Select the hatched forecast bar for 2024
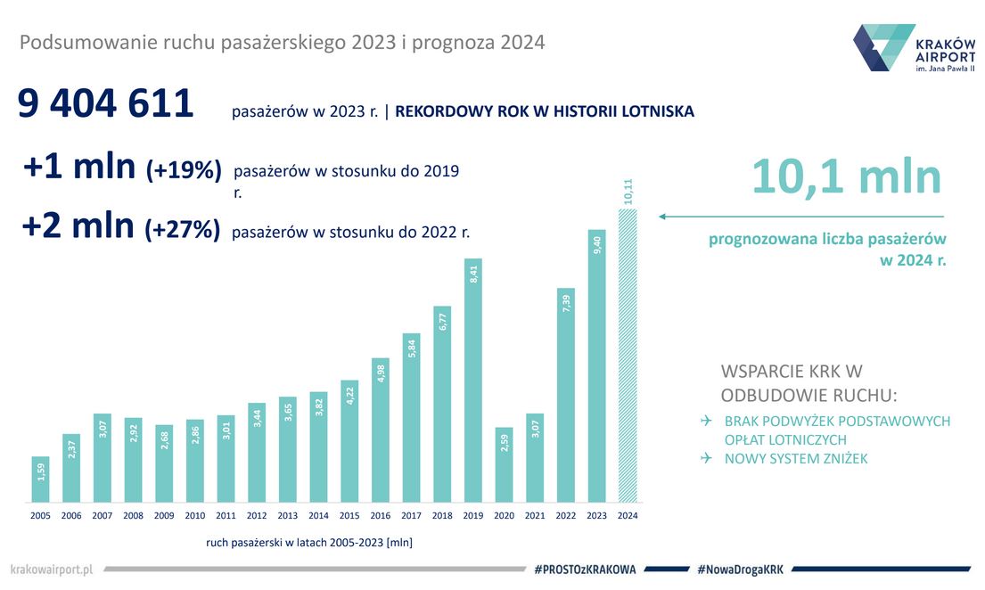[628, 356]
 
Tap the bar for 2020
[505, 463]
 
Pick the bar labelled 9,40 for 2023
[597, 365]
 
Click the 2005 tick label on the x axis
[41, 515]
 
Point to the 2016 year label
[380, 515]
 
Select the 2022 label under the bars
[566, 515]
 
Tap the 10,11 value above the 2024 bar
[628, 192]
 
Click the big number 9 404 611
[106, 104]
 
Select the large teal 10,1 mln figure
[846, 176]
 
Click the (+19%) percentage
[184, 170]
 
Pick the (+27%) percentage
[183, 229]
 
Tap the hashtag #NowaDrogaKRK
[740, 569]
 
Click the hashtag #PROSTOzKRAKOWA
[585, 569]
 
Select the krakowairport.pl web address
[53, 569]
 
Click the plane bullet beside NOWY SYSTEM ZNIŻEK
[706, 458]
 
